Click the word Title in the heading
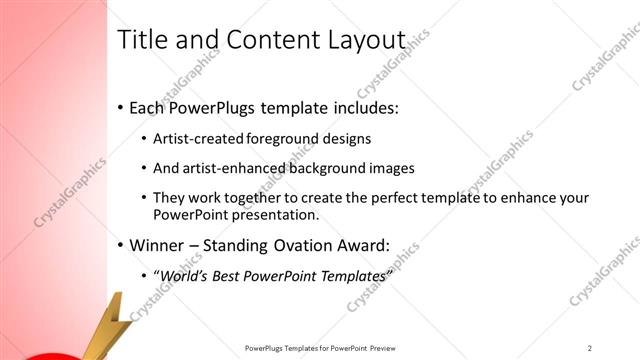(141, 40)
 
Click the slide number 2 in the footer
(591, 348)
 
